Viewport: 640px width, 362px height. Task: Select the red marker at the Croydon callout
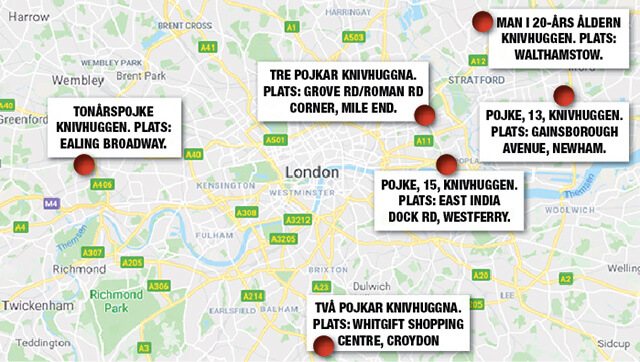tap(324, 345)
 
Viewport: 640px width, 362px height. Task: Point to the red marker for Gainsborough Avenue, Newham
tap(565, 97)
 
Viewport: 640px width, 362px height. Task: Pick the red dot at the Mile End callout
tap(421, 121)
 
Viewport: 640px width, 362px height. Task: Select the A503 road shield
tap(352, 38)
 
